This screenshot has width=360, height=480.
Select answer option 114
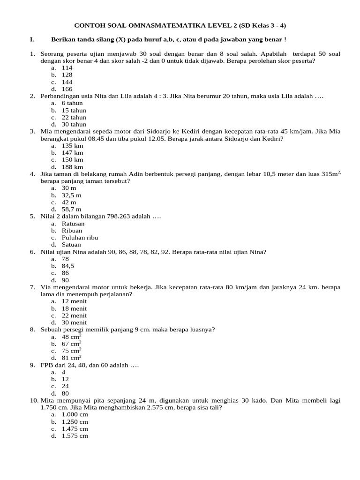pos(67,67)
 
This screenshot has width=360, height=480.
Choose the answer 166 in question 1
pos(67,89)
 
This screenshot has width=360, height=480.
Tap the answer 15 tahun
pos(72,110)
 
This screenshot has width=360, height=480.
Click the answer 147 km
pos(73,153)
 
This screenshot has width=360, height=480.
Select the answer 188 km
pos(73,167)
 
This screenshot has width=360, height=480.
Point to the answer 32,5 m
pos(72,195)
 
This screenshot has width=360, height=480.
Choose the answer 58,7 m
pos(72,209)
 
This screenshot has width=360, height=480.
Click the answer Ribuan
pos(72,231)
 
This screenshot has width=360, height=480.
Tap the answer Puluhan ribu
pos(80,238)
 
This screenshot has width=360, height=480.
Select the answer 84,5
pos(68,266)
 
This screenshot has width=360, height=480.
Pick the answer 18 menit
pos(74,308)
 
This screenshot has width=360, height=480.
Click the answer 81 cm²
pos(72,358)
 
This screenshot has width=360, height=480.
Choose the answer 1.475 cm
pos(75,428)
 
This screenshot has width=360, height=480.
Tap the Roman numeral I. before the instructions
pos(32,39)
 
